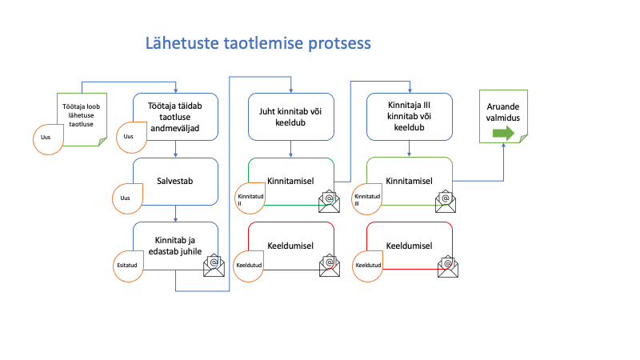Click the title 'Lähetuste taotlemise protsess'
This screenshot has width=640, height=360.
[258, 43]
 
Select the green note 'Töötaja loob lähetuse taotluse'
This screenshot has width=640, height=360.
[82, 119]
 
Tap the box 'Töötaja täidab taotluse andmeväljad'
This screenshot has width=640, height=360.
[175, 117]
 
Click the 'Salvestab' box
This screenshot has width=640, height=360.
[175, 182]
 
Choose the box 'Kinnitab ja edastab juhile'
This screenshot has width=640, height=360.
[175, 246]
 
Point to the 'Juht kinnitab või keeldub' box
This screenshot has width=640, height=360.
[291, 117]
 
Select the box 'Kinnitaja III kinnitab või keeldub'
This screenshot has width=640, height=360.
[410, 117]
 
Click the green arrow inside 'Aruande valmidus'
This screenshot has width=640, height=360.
[503, 133]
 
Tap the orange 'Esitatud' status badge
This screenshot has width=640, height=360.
[128, 266]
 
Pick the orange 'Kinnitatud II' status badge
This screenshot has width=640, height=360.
[250, 198]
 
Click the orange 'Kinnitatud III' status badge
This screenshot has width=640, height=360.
[367, 198]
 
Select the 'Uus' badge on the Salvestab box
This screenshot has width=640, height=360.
[127, 198]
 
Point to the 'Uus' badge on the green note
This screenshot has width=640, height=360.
[48, 139]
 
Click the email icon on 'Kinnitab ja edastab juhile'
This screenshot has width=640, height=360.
[214, 266]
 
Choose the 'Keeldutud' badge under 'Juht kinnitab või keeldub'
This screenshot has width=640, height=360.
[248, 266]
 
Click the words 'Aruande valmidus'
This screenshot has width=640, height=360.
[503, 112]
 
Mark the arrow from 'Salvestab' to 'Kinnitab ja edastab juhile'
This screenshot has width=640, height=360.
[175, 214]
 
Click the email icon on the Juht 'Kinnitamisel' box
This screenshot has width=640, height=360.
[329, 202]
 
